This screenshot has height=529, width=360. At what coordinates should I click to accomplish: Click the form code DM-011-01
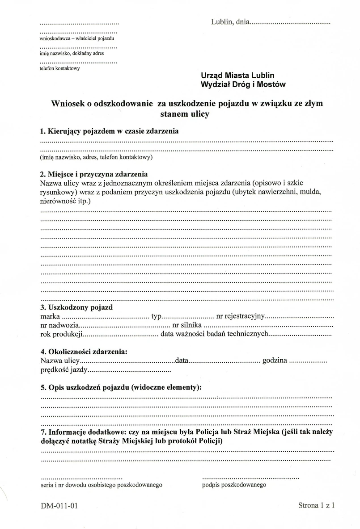coord(59,506)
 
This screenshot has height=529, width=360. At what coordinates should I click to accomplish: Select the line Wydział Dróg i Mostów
coord(243,84)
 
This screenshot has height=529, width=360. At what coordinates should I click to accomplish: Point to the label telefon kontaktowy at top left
coord(59,68)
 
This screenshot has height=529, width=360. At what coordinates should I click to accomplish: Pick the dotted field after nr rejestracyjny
coord(300,317)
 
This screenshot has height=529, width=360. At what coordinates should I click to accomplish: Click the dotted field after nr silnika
coord(268,326)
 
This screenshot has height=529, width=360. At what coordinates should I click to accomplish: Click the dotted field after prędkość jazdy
coord(130,370)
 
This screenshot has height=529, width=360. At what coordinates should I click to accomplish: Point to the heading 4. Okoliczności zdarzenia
coord(84,351)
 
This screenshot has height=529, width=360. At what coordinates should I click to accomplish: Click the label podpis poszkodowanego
coord(234,485)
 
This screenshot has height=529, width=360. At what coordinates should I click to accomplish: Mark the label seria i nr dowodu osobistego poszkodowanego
coord(101,485)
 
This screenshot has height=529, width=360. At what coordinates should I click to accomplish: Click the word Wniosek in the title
coord(68,104)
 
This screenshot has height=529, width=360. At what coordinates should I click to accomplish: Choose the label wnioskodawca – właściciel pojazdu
coord(77,39)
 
